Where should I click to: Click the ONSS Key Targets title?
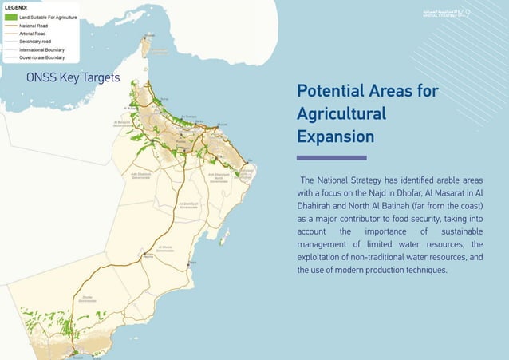click(73, 78)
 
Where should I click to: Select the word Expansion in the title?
click(335, 136)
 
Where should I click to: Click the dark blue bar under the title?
click(331, 157)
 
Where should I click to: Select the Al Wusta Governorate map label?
click(164, 248)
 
